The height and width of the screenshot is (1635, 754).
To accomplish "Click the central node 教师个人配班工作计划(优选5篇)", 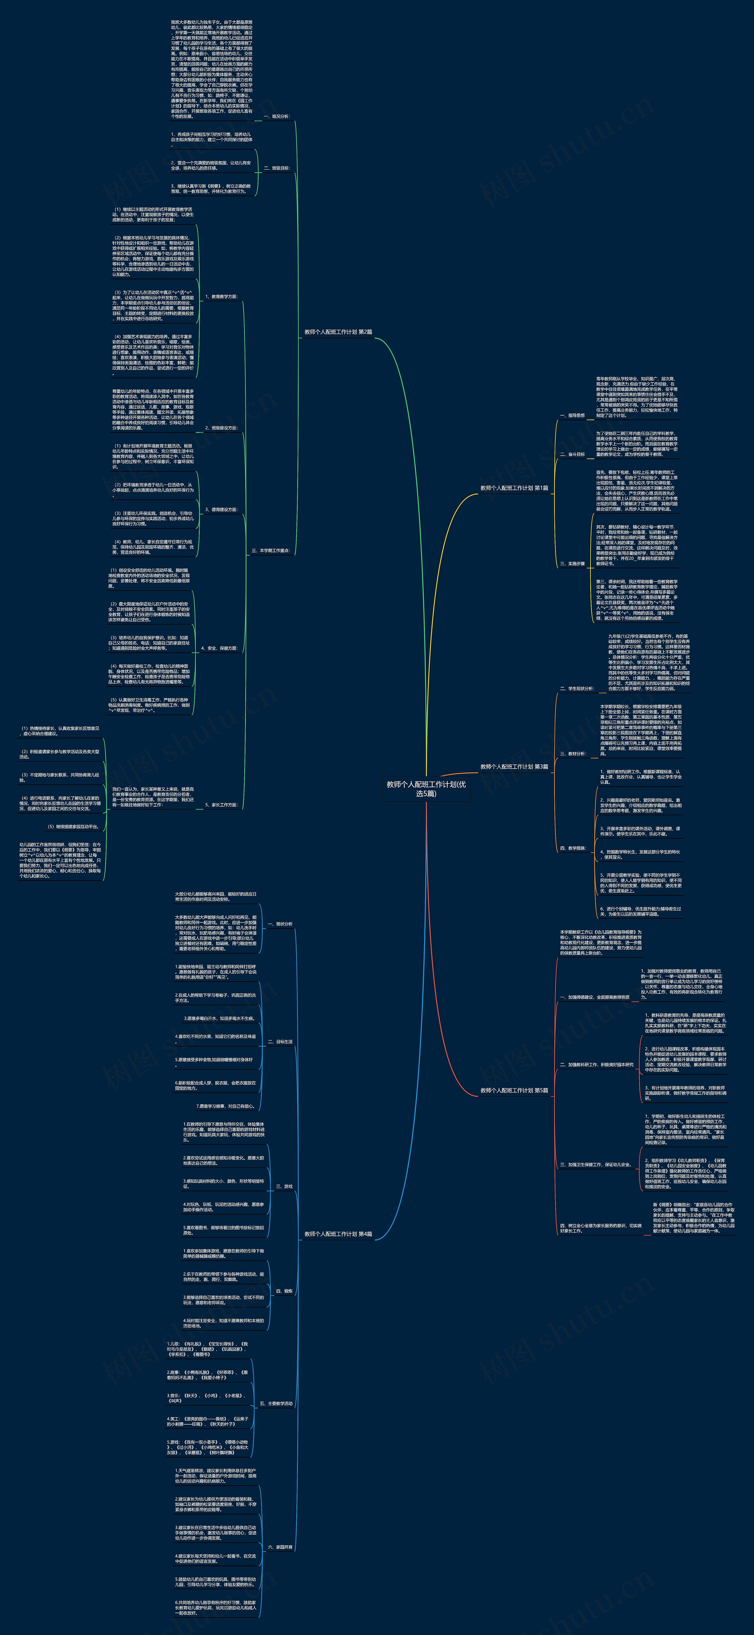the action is [x=426, y=788].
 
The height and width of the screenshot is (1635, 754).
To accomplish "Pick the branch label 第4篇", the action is [x=338, y=1234].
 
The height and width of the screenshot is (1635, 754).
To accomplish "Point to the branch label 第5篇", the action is [x=514, y=1090].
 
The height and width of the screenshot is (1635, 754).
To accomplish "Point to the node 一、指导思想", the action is [x=572, y=416].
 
